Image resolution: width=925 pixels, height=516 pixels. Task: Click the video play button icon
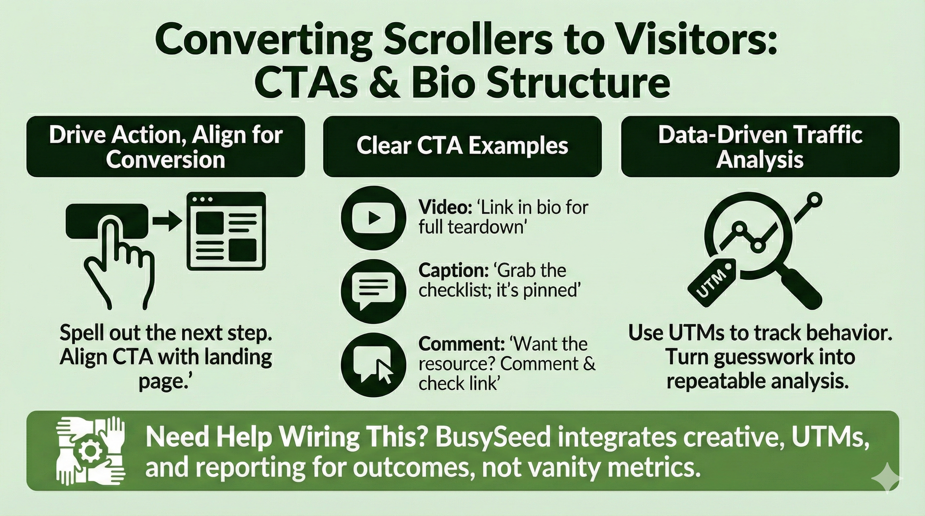pos(373,218)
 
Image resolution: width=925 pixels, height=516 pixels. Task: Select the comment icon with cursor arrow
pos(373,364)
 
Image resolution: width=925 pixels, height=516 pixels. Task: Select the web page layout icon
pos(226,231)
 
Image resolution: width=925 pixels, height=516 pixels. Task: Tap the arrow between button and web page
pos(167,222)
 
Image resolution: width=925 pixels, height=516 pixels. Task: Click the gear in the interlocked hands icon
pos(90,452)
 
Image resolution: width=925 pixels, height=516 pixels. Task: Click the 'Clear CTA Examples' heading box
pos(462,146)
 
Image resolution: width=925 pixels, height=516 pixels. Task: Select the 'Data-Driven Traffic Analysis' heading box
pos(760,146)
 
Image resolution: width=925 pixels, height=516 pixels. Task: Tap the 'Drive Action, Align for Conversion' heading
pos(165,146)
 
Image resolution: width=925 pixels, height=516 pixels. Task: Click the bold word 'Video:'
pos(445,207)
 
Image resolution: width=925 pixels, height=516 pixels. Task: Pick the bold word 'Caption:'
pos(451,271)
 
